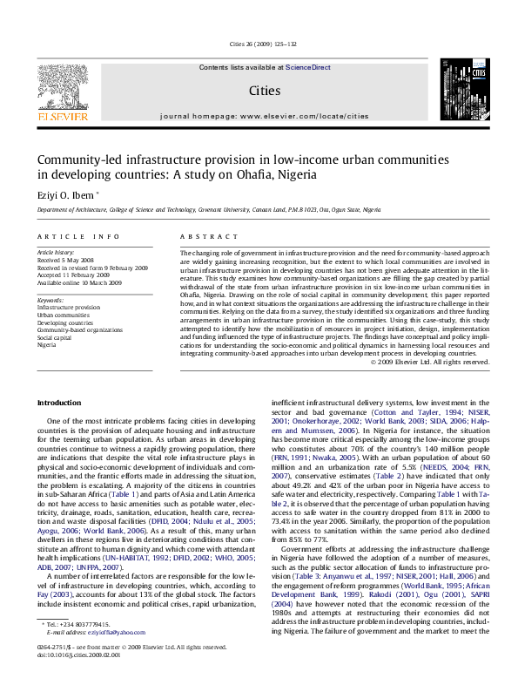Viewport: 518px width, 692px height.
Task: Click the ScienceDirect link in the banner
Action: [x=307, y=67]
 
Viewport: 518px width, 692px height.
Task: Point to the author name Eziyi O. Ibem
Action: [x=66, y=194]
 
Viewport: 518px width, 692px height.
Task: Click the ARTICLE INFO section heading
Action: [x=78, y=236]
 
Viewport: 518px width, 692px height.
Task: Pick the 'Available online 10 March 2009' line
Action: [x=80, y=283]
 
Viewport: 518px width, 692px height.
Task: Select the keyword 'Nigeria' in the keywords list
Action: [x=48, y=344]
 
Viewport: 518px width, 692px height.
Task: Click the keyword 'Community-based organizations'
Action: [x=80, y=329]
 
